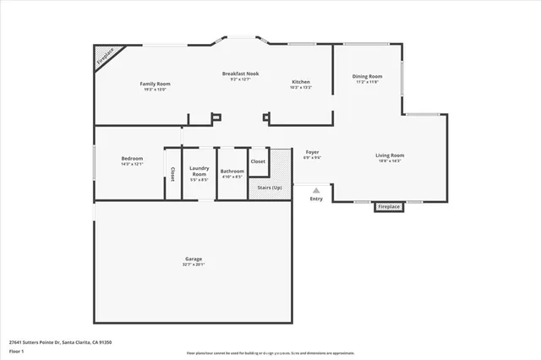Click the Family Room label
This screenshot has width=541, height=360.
(x=156, y=84)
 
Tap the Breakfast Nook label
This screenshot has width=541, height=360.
(x=240, y=74)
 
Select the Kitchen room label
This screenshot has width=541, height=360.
(x=301, y=82)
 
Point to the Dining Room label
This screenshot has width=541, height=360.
(x=367, y=76)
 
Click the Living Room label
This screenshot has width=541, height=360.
(x=390, y=155)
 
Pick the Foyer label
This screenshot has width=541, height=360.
(x=312, y=153)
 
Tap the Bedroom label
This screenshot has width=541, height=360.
(x=132, y=158)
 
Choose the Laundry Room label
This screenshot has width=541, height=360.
(x=199, y=171)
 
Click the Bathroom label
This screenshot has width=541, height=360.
(x=232, y=171)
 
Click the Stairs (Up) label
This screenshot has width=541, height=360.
(x=270, y=188)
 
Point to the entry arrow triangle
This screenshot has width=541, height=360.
(x=316, y=190)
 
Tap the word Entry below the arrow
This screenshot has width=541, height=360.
(x=316, y=199)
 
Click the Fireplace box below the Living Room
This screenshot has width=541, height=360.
(x=388, y=206)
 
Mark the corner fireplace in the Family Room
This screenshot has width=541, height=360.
(x=104, y=57)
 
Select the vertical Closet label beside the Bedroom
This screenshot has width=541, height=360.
(x=172, y=173)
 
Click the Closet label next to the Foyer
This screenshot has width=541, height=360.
(x=258, y=161)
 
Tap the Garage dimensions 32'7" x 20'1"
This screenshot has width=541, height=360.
(x=194, y=265)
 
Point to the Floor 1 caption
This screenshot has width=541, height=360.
(x=17, y=350)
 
